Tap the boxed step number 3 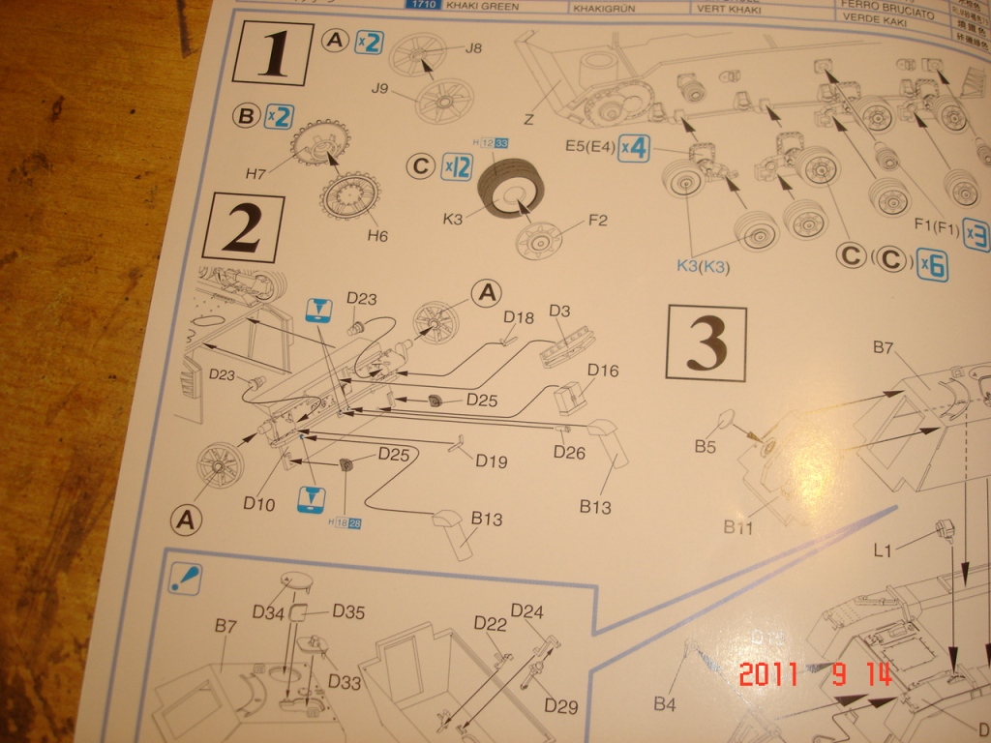pyautogui.click(x=706, y=342)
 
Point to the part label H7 pyautogui.click(x=255, y=174)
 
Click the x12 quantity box pyautogui.click(x=456, y=166)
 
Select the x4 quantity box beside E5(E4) pyautogui.click(x=633, y=148)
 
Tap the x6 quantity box pyautogui.click(x=932, y=265)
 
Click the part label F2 pyautogui.click(x=597, y=222)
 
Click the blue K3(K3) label pyautogui.click(x=719, y=265)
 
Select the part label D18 pyautogui.click(x=519, y=316)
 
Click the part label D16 pyautogui.click(x=603, y=371)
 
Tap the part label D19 pyautogui.click(x=491, y=461)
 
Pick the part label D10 pyautogui.click(x=259, y=503)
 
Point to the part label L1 pyautogui.click(x=883, y=550)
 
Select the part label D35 pyautogui.click(x=348, y=611)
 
